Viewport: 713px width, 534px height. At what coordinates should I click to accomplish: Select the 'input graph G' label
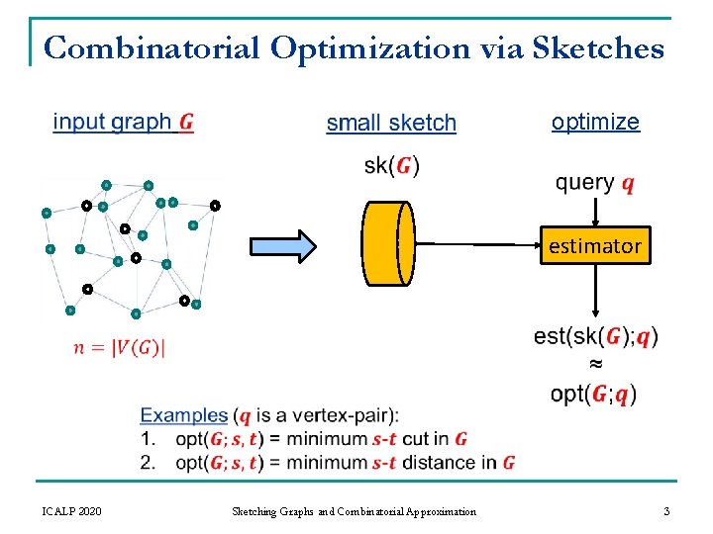(123, 123)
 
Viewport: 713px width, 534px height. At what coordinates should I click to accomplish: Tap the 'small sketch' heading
(391, 124)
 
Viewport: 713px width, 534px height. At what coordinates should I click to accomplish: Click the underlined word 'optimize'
(595, 122)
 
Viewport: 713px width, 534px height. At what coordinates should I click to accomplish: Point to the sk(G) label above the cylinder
(391, 165)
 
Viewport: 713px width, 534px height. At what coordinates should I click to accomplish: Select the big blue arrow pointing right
(280, 245)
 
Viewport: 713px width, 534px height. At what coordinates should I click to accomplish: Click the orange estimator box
(595, 245)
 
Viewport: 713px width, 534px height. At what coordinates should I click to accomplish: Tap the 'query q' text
(595, 183)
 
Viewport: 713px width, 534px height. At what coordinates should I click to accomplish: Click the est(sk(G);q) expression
(595, 336)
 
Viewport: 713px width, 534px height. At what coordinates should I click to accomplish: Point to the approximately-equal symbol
(595, 365)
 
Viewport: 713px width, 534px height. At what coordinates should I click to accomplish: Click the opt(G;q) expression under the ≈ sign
(594, 394)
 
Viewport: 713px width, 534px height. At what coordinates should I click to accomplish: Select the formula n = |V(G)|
(120, 347)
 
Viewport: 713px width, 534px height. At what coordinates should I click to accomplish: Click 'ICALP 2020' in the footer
(70, 511)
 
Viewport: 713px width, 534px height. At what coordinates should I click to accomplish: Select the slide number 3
(666, 511)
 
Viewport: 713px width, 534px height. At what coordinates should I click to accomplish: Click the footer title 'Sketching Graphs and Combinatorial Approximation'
(354, 511)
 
